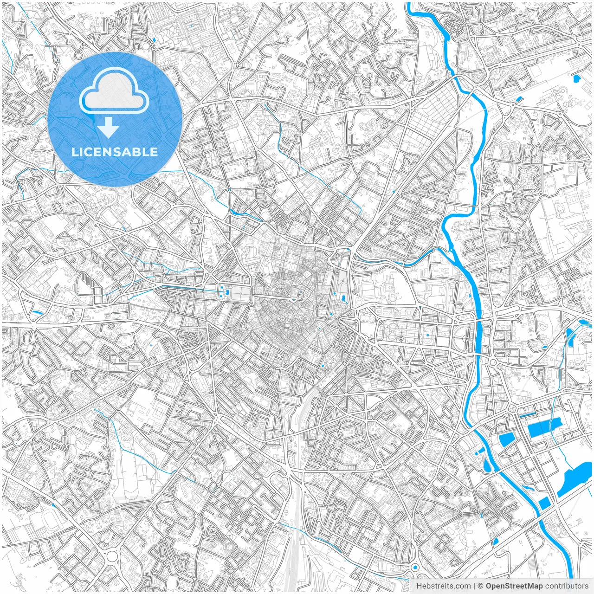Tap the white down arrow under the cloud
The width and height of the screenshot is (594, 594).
click(x=109, y=128)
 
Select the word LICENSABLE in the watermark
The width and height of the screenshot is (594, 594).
click(x=114, y=152)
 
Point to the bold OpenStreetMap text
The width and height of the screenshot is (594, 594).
click(x=514, y=586)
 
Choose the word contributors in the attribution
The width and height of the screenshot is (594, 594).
click(x=566, y=586)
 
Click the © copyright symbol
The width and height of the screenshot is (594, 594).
click(x=481, y=586)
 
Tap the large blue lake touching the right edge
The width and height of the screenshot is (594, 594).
click(x=575, y=473)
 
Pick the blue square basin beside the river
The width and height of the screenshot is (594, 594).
click(x=544, y=503)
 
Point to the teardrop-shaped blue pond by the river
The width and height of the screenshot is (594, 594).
click(x=487, y=464)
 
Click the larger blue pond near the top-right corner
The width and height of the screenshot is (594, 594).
click(x=577, y=78)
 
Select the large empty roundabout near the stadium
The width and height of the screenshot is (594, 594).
click(x=112, y=555)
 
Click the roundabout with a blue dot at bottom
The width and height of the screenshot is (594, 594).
click(x=414, y=568)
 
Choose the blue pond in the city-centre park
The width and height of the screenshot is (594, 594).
click(x=343, y=298)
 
